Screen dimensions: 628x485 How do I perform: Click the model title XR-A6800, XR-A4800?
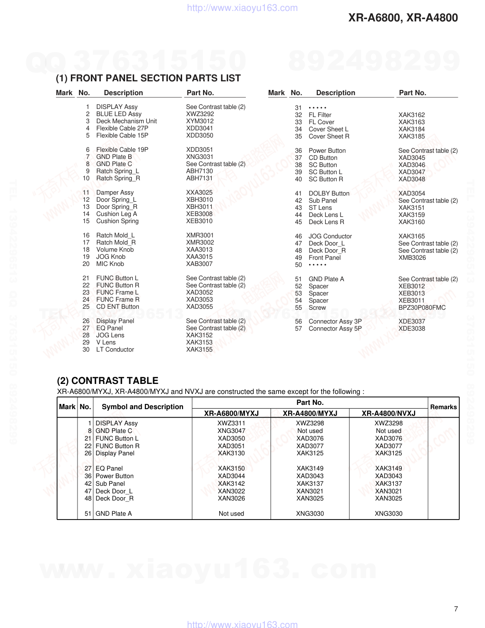tap(403, 18)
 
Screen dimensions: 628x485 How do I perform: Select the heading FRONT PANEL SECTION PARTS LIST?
tap(148, 78)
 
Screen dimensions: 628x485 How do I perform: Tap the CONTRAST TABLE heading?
tap(107, 381)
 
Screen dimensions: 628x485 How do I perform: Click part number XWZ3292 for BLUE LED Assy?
tap(200, 114)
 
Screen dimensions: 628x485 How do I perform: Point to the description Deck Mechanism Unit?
tap(126, 121)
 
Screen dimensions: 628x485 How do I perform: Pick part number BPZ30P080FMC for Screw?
tap(422, 308)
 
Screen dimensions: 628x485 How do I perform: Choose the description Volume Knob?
tap(115, 250)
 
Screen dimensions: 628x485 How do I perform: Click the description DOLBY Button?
tap(329, 194)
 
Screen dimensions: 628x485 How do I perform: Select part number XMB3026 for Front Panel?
tap(412, 258)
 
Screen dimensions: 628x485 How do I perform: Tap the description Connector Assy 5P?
tap(335, 329)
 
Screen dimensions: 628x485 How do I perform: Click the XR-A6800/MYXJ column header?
tap(231, 413)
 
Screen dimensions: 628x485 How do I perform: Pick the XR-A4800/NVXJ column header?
tap(388, 413)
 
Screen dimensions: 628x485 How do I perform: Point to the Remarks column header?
tap(443, 407)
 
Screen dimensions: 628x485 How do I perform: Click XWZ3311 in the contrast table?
tap(231, 423)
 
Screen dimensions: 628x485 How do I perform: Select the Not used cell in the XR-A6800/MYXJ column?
tap(231, 514)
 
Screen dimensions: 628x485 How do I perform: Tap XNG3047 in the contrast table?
tap(231, 431)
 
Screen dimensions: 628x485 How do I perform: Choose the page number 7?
tap(456, 609)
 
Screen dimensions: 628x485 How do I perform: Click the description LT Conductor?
tap(115, 350)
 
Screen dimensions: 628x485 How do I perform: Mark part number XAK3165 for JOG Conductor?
tap(411, 236)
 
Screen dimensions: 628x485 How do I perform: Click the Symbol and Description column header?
tap(142, 407)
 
